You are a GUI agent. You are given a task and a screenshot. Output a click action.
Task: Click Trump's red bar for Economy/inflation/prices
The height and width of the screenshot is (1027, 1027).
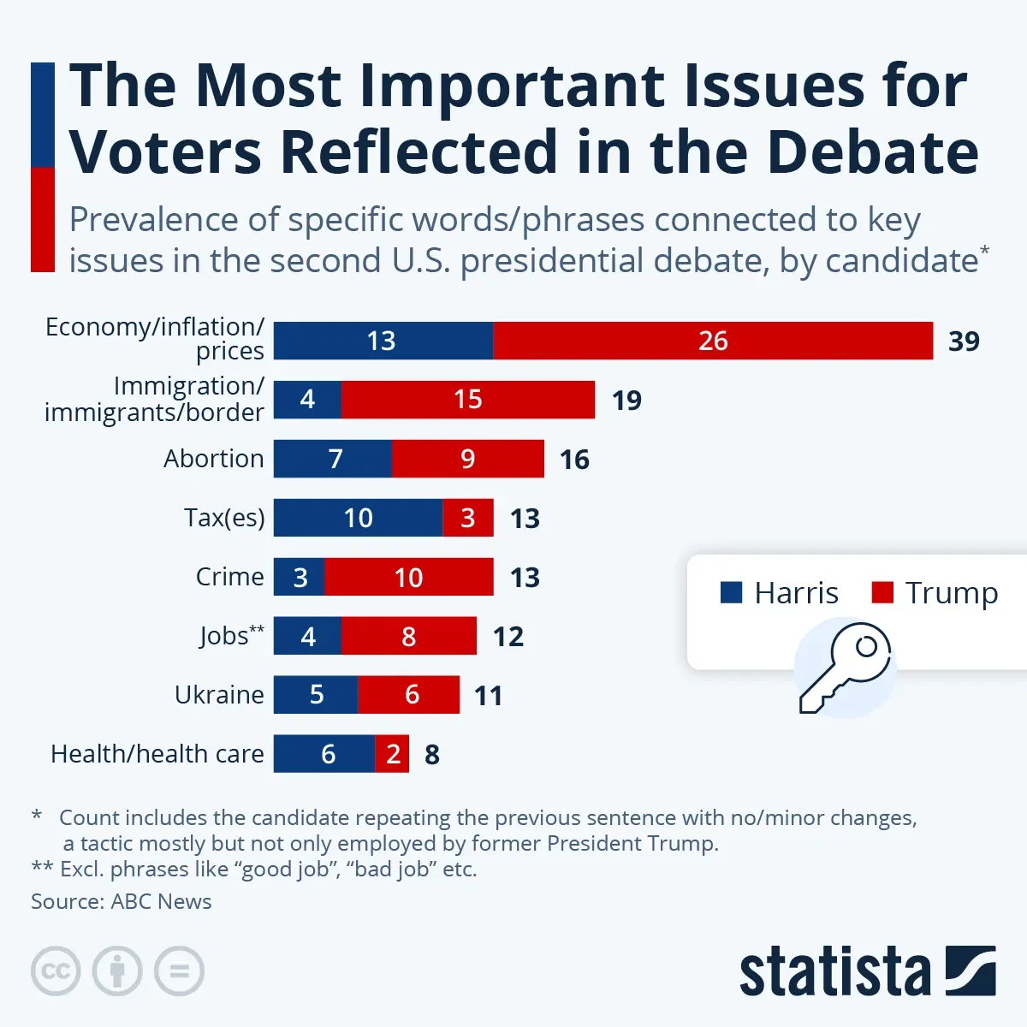pos(713,341)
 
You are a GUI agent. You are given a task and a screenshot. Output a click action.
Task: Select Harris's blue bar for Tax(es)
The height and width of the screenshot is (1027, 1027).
pos(358,518)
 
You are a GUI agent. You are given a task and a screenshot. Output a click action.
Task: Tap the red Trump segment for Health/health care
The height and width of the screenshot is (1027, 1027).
pos(392,754)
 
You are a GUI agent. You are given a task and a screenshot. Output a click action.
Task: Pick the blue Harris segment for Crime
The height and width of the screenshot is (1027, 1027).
pos(299,577)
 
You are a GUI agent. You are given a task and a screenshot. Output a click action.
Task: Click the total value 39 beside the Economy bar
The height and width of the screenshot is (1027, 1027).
pos(964,341)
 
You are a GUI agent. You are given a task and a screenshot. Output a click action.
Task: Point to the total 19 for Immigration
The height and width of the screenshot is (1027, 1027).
pos(626,400)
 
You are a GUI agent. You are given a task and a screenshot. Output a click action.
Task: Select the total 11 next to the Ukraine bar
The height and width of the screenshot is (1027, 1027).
pos(488,695)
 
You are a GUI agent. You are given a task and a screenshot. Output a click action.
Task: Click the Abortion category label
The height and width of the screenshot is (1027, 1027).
pos(214,459)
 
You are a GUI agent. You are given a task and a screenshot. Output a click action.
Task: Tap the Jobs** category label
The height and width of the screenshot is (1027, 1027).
pos(231,636)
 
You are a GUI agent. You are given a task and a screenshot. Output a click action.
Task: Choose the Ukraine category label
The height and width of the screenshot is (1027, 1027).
pos(219,695)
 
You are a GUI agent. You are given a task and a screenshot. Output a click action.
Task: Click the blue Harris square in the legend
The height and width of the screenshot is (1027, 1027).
pos(731,592)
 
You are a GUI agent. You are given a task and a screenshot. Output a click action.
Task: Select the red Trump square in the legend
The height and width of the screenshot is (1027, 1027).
pos(882,592)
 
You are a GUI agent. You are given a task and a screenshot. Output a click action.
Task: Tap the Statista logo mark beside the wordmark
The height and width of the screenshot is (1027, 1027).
pos(971,971)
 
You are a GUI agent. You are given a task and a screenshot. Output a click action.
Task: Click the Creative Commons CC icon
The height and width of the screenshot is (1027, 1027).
pos(56,971)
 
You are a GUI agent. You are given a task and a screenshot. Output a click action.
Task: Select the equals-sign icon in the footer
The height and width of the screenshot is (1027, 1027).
pos(179,971)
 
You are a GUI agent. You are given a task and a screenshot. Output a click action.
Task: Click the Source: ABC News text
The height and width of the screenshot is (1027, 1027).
pos(122,901)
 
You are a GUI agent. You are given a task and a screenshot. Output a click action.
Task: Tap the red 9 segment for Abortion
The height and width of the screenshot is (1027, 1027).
pos(467,459)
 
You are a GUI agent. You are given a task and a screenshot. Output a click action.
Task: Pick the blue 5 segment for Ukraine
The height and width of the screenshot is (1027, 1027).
pos(316,695)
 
